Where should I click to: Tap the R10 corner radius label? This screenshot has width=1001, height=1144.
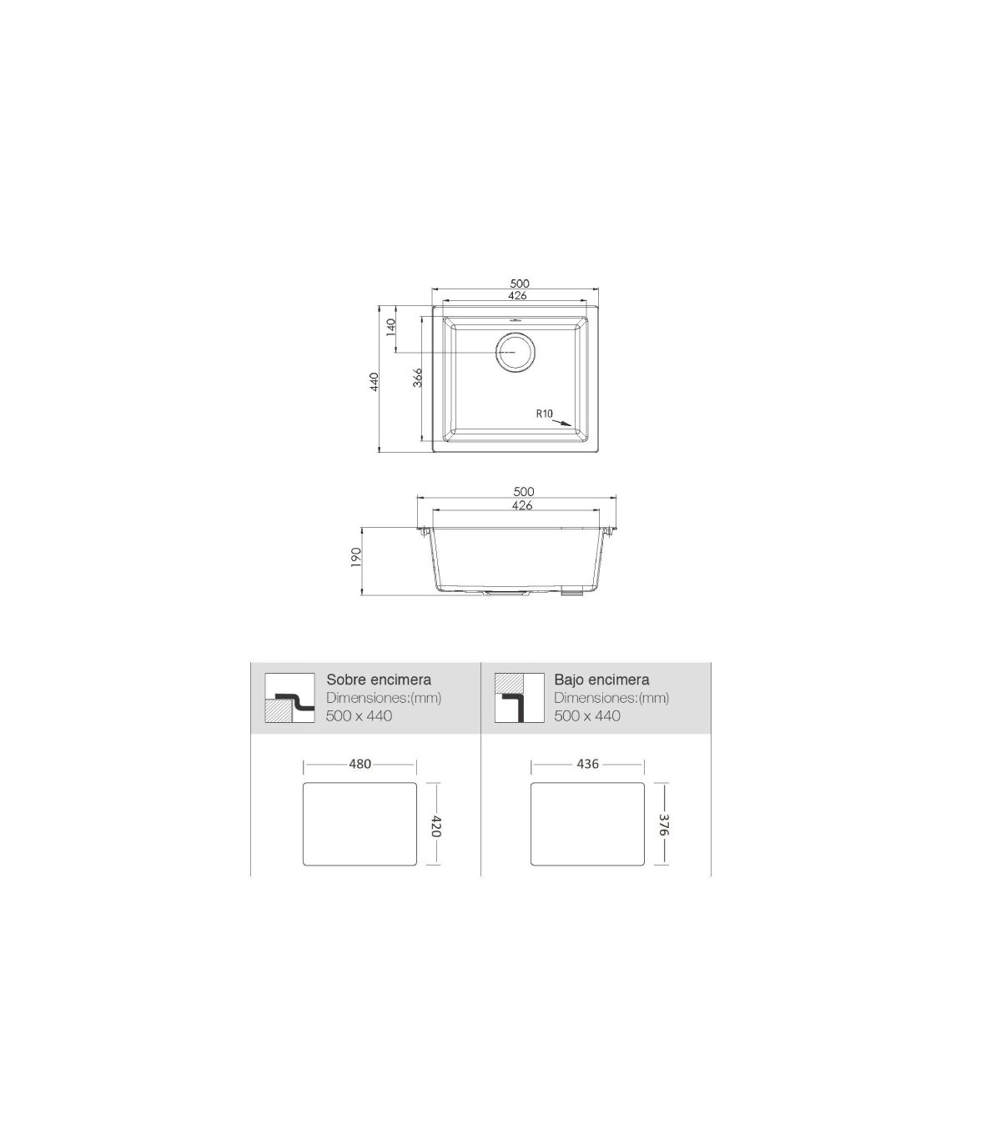point(544,414)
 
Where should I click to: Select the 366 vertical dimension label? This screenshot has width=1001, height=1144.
point(417,378)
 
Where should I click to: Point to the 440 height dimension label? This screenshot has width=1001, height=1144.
point(374,381)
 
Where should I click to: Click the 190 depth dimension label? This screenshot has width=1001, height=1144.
point(355,557)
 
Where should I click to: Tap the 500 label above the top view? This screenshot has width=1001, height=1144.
point(520,283)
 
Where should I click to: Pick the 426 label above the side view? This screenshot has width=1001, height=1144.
point(522,505)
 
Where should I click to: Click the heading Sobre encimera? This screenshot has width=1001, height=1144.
point(379,680)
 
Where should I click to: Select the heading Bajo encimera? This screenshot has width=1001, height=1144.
point(601,680)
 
